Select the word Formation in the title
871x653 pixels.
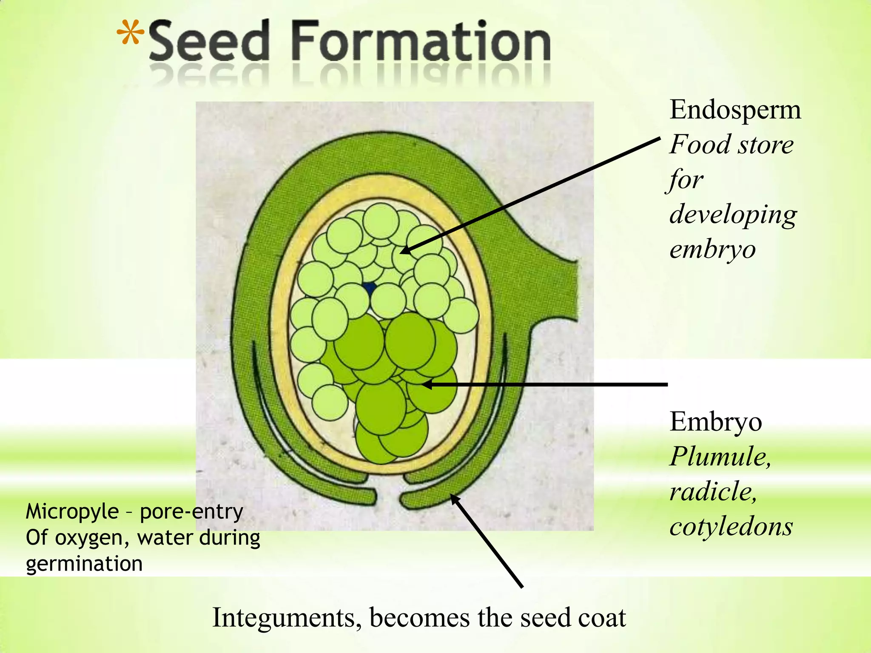pyautogui.click(x=421, y=42)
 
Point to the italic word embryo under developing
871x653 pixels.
pyautogui.click(x=712, y=249)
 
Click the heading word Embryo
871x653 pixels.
pyautogui.click(x=715, y=423)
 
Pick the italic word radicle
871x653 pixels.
pyautogui.click(x=713, y=492)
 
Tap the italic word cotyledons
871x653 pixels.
pyautogui.click(x=731, y=527)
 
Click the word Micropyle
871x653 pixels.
pyautogui.click(x=72, y=512)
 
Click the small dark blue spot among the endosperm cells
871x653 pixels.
pyautogui.click(x=369, y=288)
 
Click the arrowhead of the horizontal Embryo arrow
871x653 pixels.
pyautogui.click(x=426, y=384)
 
